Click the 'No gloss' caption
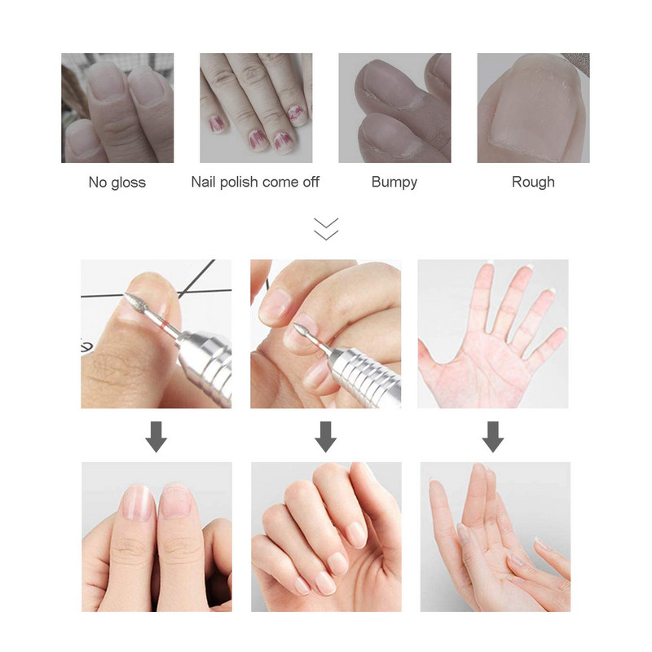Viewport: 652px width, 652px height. (117, 182)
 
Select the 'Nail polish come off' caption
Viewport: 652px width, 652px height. (255, 182)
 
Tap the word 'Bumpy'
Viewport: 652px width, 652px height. (394, 182)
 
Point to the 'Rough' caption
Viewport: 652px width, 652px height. (533, 182)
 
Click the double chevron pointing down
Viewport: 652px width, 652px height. (325, 228)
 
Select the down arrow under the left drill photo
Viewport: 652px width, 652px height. (156, 437)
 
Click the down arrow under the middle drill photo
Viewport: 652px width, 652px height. (326, 437)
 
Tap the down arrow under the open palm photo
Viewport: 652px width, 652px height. (492, 437)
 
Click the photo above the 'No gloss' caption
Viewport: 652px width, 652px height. (117, 108)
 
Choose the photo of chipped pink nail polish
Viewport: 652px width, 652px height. (256, 108)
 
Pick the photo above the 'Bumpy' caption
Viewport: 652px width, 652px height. (394, 108)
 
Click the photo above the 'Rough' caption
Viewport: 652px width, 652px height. (533, 108)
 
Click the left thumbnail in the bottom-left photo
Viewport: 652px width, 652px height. (137, 502)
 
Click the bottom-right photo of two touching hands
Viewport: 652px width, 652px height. (495, 536)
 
